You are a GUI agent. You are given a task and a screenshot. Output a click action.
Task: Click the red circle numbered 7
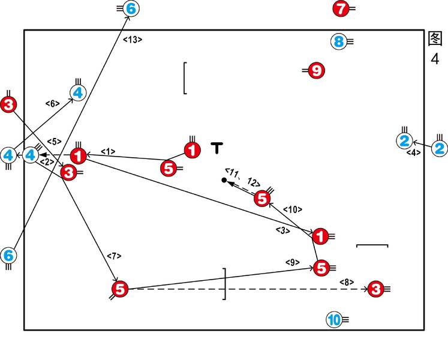tap(341, 9)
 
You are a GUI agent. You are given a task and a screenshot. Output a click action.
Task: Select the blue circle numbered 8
tap(339, 41)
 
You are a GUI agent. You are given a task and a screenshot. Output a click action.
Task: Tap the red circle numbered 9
tap(317, 71)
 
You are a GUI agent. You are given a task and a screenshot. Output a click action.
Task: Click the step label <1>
tap(108, 151)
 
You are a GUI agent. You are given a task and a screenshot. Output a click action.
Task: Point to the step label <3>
tap(282, 230)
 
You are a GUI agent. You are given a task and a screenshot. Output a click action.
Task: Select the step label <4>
tap(414, 153)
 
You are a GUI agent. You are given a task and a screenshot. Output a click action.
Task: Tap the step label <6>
tap(53, 103)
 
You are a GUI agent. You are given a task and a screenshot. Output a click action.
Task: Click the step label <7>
tap(114, 256)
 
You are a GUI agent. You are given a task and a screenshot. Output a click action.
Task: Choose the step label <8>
tap(347, 281)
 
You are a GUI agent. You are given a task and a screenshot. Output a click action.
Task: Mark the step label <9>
tap(292, 262)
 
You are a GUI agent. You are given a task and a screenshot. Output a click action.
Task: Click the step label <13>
tap(132, 40)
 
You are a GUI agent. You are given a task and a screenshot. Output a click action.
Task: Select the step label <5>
tap(54, 142)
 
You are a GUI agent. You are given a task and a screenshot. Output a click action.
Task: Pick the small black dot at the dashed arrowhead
tap(224, 180)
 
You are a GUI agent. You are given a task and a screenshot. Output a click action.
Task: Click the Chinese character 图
tap(435, 38)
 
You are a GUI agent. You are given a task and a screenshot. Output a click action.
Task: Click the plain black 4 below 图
tap(435, 58)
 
